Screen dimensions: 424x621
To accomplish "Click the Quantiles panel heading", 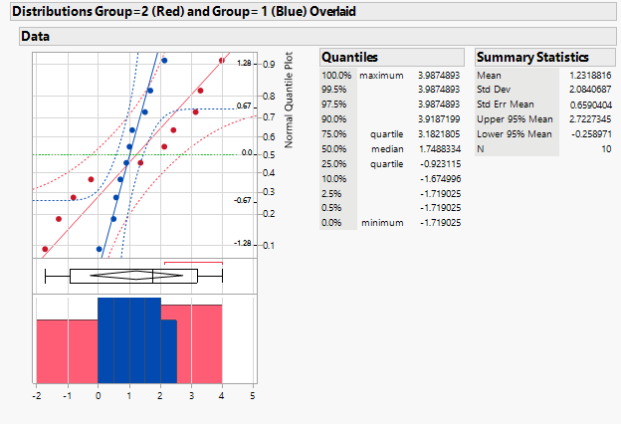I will pos(350,58).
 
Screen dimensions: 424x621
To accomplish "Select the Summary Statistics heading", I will pos(532,58).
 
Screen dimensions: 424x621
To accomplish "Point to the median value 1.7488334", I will pos(434,148).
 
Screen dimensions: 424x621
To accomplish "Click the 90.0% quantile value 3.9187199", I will pos(434,118).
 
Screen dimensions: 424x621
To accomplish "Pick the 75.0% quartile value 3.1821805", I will pos(434,133).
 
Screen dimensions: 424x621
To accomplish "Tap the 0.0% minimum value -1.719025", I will pos(436,222).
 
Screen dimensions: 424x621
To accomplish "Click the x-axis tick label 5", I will pos(252,396).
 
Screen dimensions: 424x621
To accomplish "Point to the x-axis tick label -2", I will pos(36,396).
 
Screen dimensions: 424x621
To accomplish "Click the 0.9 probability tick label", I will pos(269,64).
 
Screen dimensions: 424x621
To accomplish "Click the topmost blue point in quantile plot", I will pos(164,61).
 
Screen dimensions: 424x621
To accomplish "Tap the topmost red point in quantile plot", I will pos(222,61).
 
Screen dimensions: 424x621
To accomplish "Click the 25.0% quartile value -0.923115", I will pos(436,163).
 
